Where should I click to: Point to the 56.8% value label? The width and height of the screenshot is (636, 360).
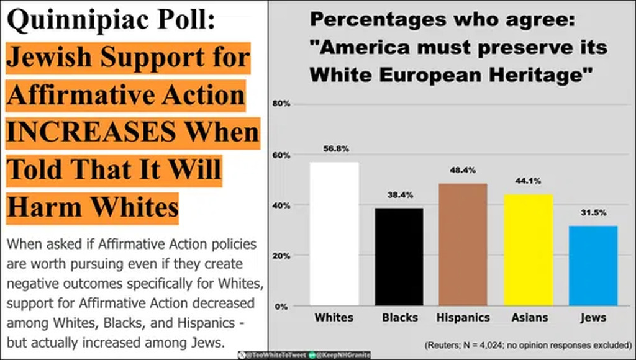tap(334, 149)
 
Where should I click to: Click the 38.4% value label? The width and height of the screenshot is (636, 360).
tap(398, 195)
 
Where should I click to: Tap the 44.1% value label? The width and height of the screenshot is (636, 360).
tap(527, 181)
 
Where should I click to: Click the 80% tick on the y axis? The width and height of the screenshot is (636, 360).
tap(282, 104)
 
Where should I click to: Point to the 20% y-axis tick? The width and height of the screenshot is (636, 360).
tap(282, 256)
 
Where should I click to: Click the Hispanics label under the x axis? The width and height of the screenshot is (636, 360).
tap(463, 317)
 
